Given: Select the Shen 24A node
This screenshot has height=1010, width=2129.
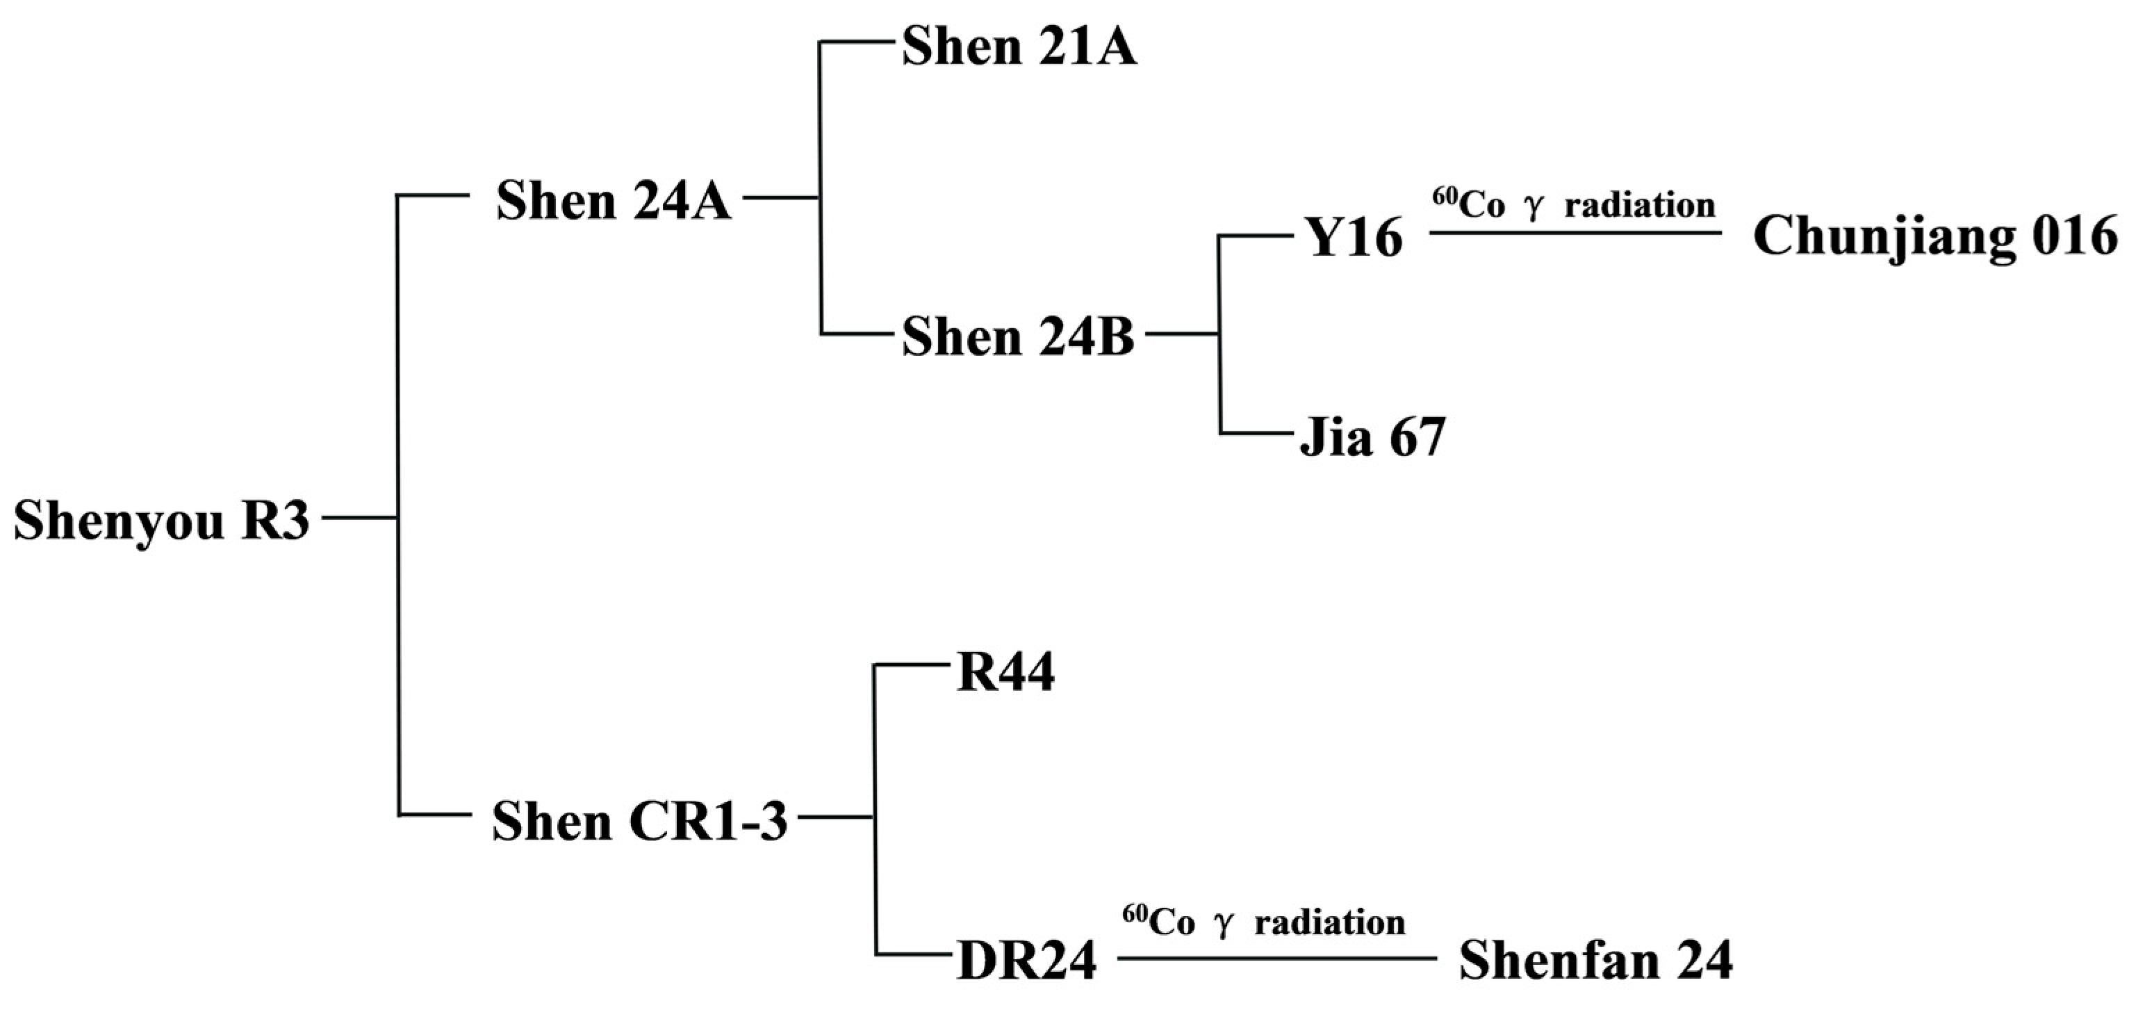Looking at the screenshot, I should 614,201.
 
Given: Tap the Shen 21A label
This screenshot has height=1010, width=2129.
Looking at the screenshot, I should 1018,47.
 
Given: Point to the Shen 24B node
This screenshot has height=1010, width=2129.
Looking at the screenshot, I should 1017,338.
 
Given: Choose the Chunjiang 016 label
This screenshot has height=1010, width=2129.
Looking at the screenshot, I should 1934,237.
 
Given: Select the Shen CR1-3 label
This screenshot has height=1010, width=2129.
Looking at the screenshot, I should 639,822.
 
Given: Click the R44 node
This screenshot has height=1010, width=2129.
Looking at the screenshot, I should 1005,674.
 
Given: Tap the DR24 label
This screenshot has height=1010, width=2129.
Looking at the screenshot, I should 1026,961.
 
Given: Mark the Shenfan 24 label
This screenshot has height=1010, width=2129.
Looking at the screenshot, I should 1595,961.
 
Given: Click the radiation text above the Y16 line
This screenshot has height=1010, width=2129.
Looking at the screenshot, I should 1640,205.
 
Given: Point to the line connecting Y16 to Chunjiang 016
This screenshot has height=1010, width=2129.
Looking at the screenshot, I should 1575,233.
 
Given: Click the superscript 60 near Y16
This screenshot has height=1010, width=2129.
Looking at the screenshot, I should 1445,196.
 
